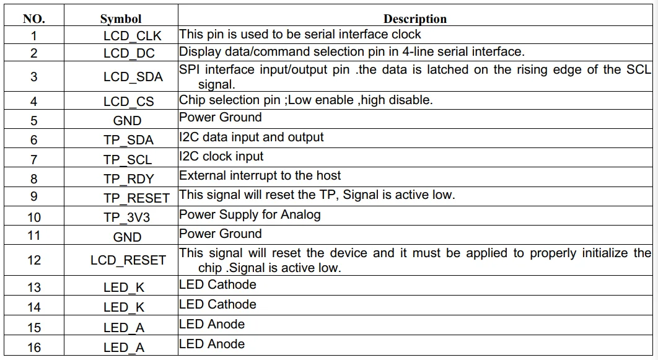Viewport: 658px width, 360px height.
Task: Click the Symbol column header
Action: (120, 19)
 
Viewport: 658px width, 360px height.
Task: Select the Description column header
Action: (415, 19)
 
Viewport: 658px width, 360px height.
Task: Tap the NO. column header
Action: (33, 19)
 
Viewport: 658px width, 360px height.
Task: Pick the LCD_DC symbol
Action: (129, 54)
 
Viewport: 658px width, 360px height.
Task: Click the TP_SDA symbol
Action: (128, 140)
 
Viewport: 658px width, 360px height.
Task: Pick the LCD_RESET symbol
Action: (128, 260)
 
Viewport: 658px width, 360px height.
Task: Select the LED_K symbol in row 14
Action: (123, 307)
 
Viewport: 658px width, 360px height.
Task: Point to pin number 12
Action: (34, 260)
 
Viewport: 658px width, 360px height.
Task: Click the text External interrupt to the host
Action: (260, 176)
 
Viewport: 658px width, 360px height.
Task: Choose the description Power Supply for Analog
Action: (250, 215)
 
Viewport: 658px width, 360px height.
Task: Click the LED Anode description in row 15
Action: (212, 325)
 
